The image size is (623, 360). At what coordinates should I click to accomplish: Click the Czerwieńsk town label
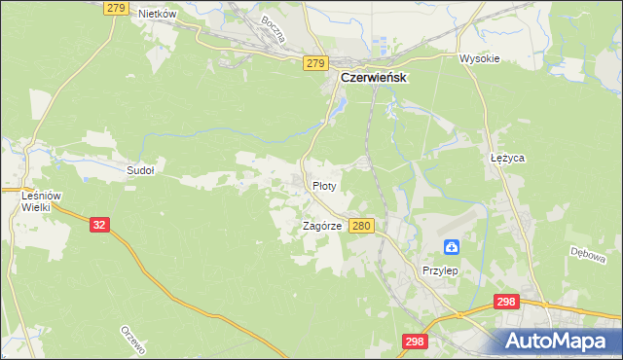[x=373, y=78]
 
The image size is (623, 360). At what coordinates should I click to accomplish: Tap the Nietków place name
[x=157, y=14]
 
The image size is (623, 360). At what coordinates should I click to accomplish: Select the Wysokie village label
[x=479, y=58]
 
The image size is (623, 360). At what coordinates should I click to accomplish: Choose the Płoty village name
[x=324, y=185]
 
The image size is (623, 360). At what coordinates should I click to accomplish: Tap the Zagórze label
[x=321, y=226]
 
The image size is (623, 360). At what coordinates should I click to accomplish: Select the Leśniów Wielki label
[x=41, y=201]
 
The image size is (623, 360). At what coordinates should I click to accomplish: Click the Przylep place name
[x=439, y=270]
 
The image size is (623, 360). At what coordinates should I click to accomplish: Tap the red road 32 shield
[x=100, y=224]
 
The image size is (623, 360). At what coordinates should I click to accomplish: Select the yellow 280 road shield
[x=361, y=226]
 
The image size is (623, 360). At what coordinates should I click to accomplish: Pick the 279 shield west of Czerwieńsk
[x=313, y=63]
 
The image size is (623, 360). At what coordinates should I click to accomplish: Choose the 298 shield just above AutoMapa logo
[x=505, y=303]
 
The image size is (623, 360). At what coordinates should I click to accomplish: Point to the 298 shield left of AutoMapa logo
[x=415, y=342]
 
